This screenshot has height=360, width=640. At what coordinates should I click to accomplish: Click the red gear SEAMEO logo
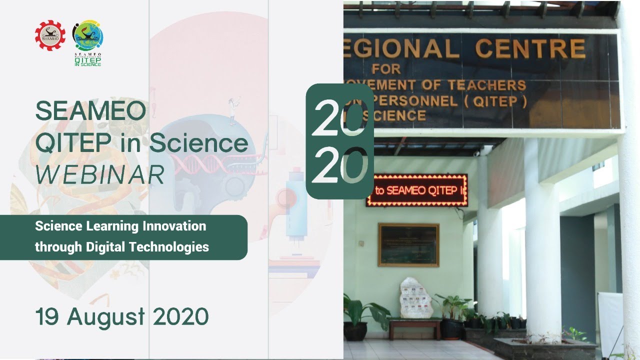click(x=50, y=34)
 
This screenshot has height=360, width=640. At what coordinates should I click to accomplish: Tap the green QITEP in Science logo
click(x=88, y=40)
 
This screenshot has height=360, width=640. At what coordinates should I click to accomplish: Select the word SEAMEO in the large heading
click(x=90, y=111)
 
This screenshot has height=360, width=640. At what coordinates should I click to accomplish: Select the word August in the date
click(x=106, y=317)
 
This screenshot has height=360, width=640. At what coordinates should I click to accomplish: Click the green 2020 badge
click(x=339, y=141)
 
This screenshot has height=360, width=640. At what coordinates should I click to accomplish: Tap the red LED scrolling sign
click(x=417, y=190)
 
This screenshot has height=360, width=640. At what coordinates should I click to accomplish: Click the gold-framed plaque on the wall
click(x=408, y=244)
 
